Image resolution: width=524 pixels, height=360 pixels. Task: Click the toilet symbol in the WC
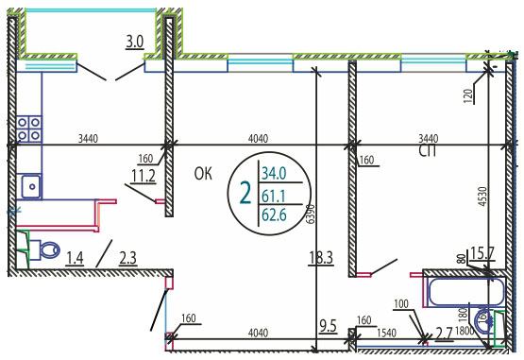(47, 249)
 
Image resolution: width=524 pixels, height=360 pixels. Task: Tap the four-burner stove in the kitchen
(29, 129)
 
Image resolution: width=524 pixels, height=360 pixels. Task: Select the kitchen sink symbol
(31, 186)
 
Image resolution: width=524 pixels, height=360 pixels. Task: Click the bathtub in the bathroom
(466, 292)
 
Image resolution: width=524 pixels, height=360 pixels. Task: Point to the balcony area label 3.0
(135, 43)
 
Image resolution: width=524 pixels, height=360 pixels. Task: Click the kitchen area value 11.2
(144, 176)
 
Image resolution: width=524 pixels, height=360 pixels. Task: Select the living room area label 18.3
(321, 258)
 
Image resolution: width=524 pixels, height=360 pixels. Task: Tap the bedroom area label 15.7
(482, 253)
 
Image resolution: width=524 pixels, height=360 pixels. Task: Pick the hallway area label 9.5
(328, 326)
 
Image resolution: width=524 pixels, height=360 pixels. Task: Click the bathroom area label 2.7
(445, 334)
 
